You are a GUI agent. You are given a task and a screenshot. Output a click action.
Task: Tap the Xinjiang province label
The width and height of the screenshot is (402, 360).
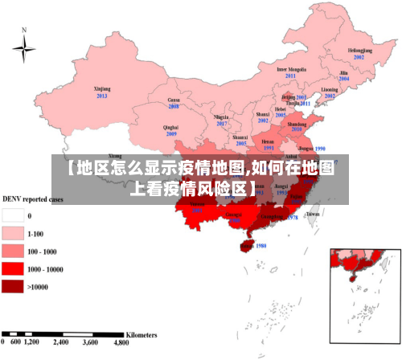click(x=102, y=89)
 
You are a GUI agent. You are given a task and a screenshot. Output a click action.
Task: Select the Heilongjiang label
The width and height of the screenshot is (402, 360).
click(x=359, y=51)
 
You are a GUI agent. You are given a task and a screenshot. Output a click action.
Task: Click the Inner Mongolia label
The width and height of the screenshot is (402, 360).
click(x=291, y=69)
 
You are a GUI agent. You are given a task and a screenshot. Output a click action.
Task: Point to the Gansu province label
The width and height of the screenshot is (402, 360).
click(x=173, y=100)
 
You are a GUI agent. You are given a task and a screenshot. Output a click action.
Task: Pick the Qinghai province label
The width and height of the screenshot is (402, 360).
click(x=170, y=127)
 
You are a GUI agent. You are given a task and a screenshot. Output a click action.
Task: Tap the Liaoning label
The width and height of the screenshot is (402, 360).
click(x=330, y=89)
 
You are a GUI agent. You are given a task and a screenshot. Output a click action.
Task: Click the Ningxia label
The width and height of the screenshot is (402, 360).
click(x=221, y=117)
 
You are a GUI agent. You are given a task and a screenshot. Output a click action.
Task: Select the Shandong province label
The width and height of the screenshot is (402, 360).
click(x=297, y=125)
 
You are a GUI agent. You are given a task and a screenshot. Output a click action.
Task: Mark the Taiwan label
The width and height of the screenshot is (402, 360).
click(x=313, y=215)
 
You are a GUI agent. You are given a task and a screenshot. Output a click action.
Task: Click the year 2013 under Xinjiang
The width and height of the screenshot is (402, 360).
click(x=102, y=96)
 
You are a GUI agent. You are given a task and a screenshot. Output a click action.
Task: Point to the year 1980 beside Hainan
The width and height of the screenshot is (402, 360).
click(x=260, y=246)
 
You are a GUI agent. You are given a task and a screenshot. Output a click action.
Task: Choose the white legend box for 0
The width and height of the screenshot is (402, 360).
click(x=12, y=216)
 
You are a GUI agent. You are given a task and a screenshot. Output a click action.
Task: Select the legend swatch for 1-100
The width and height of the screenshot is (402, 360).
click(x=12, y=234)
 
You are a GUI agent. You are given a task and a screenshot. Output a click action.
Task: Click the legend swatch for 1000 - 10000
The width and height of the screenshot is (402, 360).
click(x=12, y=268)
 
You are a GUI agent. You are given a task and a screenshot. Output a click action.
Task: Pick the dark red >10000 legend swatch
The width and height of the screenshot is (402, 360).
click(x=12, y=286)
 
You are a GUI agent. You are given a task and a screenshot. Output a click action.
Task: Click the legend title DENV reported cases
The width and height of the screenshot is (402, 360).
click(x=33, y=198)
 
